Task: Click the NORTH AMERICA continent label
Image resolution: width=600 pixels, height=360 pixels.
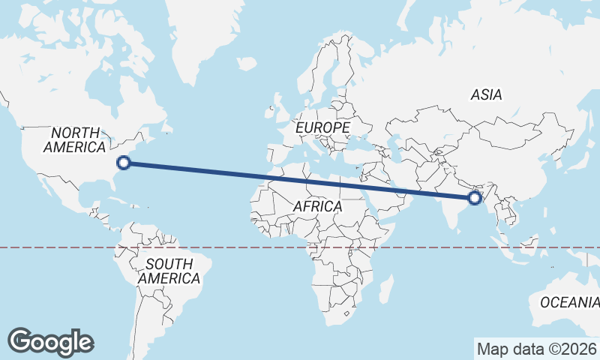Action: pyautogui.click(x=73, y=139)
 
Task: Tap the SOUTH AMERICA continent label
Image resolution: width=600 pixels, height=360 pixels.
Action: pyautogui.click(x=169, y=271)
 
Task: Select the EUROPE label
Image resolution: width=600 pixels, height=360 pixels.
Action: pyautogui.click(x=322, y=128)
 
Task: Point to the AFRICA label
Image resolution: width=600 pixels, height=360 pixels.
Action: pyautogui.click(x=317, y=205)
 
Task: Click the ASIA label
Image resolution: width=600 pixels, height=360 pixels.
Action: pyautogui.click(x=486, y=94)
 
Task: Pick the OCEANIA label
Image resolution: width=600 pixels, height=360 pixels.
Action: pyautogui.click(x=569, y=302)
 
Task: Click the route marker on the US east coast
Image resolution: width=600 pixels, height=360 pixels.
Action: pyautogui.click(x=124, y=161)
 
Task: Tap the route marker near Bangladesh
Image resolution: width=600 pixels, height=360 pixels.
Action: pyautogui.click(x=474, y=198)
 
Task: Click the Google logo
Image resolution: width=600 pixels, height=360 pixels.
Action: pyautogui.click(x=51, y=341)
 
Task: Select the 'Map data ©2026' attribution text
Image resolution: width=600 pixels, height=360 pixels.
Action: pyautogui.click(x=536, y=349)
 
